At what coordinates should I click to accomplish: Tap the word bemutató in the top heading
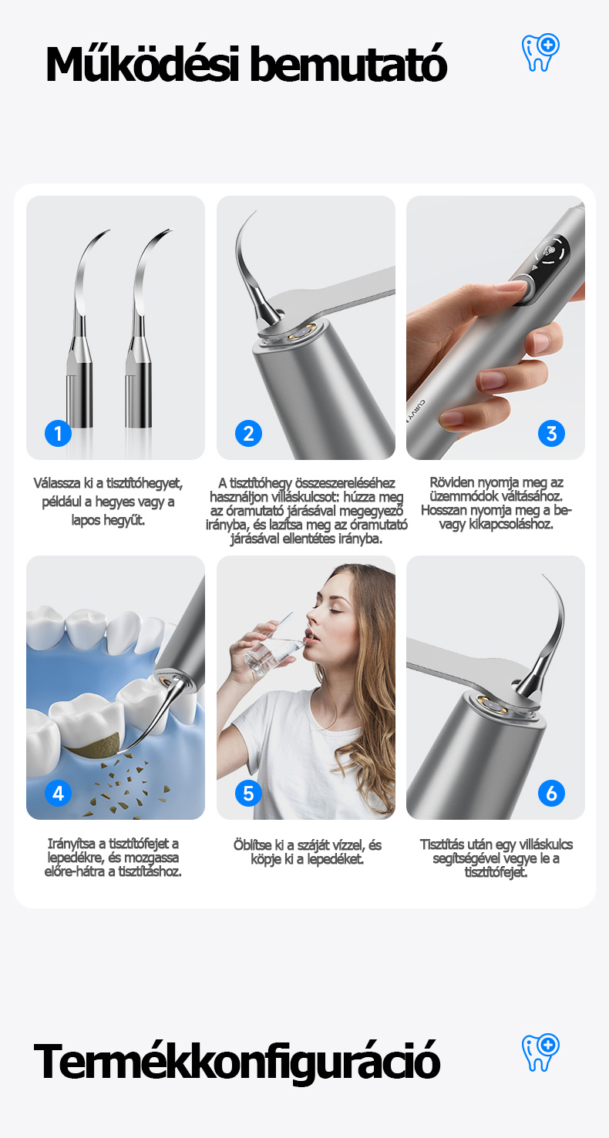coord(348,64)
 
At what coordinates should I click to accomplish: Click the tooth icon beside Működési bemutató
coord(540,52)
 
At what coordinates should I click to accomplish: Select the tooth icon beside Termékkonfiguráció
coord(540,1052)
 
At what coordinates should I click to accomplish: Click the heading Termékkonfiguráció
coord(237,1061)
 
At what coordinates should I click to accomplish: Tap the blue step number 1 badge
coord(58,433)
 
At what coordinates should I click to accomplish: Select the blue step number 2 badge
coord(248,433)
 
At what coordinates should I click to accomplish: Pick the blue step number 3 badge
coord(551,433)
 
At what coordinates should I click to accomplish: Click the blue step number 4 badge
coord(58,793)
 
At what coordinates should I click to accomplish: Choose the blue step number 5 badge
coord(248,793)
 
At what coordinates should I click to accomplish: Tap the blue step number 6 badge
coord(551,793)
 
